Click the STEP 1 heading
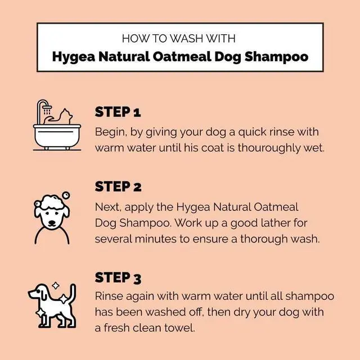click(x=118, y=112)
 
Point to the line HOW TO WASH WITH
click(x=178, y=39)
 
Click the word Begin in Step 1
click(x=110, y=132)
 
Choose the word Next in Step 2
click(x=106, y=208)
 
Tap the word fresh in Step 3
click(x=117, y=328)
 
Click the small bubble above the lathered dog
click(x=66, y=195)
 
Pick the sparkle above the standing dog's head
click(x=55, y=286)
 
